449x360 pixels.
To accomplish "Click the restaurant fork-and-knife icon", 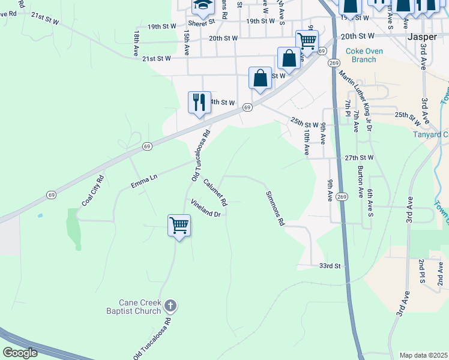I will [x=199, y=101].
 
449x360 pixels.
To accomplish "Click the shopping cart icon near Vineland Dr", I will [x=179, y=226].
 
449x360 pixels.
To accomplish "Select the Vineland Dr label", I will [x=206, y=208].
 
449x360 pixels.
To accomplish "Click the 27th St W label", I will [x=359, y=158].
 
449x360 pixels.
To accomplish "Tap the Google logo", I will [x=20, y=353].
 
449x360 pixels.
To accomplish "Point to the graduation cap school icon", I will [x=203, y=6].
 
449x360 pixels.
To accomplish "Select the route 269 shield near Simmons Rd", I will [x=342, y=197].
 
